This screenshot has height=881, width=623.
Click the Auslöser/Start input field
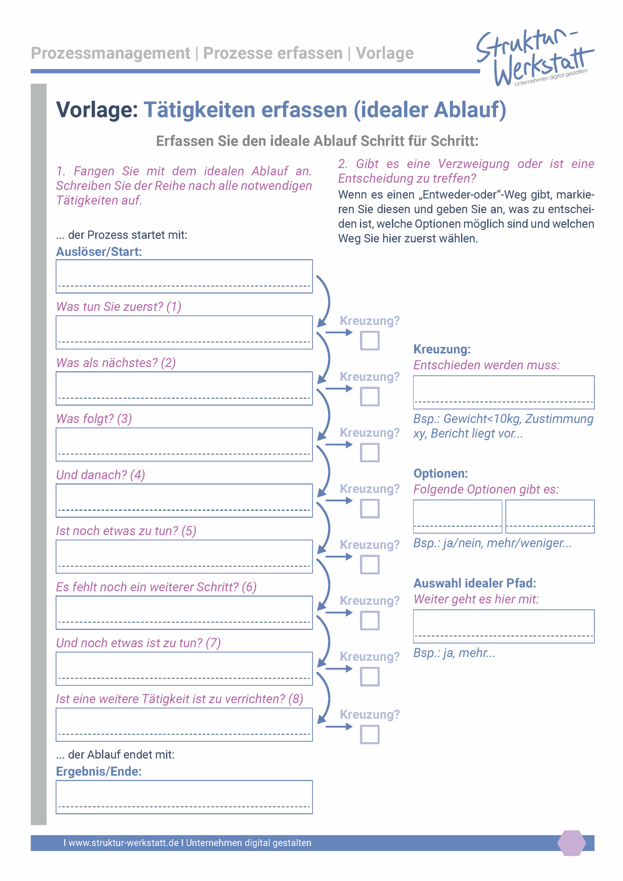click(x=184, y=276)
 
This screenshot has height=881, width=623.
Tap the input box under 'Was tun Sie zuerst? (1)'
click(x=184, y=332)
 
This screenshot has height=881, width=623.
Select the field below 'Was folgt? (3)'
click(x=184, y=444)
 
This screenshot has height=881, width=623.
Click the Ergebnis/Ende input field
click(x=184, y=797)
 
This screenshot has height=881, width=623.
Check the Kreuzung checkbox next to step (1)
click(x=369, y=341)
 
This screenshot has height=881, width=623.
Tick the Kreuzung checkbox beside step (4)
click(x=369, y=509)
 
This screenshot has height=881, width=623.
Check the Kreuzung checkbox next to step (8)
click(x=369, y=734)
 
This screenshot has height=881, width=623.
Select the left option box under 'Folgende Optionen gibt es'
click(x=457, y=516)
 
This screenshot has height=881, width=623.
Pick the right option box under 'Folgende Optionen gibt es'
click(x=549, y=516)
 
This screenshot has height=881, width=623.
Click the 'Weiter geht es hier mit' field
click(x=503, y=626)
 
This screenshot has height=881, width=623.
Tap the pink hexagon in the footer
click(x=571, y=843)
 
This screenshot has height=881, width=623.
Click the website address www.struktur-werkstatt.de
click(x=124, y=843)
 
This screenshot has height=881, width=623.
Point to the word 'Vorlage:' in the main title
click(x=97, y=110)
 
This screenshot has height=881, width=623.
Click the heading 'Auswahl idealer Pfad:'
click(x=474, y=583)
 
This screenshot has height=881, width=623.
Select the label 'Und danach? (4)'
click(x=101, y=475)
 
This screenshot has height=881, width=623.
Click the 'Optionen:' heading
click(x=440, y=474)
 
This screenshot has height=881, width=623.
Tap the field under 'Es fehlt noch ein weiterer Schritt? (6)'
click(x=184, y=613)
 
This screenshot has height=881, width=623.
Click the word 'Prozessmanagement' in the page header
click(x=110, y=53)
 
